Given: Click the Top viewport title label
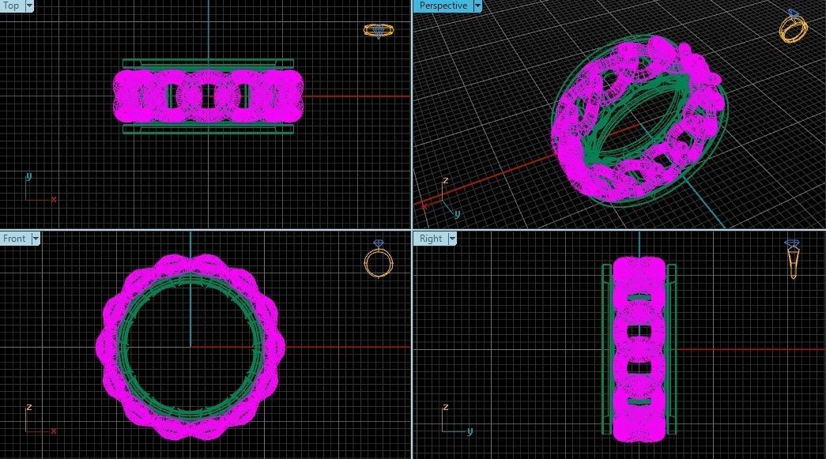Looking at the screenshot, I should pos(11,6).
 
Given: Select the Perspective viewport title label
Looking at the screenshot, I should pos(443,6).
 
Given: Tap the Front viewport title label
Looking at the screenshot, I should pos(14,239).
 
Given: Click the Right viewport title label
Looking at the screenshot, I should pos(431,239).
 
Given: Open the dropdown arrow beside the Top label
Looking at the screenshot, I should pos(29,6).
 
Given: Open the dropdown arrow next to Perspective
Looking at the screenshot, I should pos(477,6).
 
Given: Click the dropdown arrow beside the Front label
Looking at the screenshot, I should pos(36,239).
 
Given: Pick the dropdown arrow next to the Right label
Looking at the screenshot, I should pos(452,239).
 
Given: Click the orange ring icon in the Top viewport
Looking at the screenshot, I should pos(379,31).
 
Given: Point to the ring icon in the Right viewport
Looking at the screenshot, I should pos(792,259).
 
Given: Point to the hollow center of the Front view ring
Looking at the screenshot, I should pos(190,346).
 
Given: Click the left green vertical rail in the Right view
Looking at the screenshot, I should pos(607,348).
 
